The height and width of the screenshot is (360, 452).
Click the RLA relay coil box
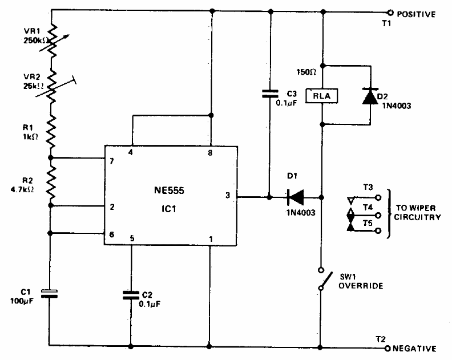pyautogui.click(x=322, y=96)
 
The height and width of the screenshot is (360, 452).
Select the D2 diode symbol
pyautogui.click(x=369, y=96)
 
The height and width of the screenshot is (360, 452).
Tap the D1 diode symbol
pyautogui.click(x=295, y=197)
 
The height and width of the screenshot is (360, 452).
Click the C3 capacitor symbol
pyautogui.click(x=271, y=94)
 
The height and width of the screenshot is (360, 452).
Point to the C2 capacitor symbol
pyautogui.click(x=131, y=295)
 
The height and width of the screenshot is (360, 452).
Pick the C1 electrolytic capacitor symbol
pyautogui.click(x=50, y=294)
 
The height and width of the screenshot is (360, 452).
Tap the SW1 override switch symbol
pyautogui.click(x=322, y=280)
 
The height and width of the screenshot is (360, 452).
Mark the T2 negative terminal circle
pyautogui.click(x=388, y=347)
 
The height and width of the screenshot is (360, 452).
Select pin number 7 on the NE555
pyautogui.click(x=112, y=161)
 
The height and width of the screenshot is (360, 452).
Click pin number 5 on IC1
pyautogui.click(x=132, y=238)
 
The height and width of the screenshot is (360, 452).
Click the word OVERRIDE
pyautogui.click(x=360, y=285)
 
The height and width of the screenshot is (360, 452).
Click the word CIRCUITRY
pyautogui.click(x=419, y=217)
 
